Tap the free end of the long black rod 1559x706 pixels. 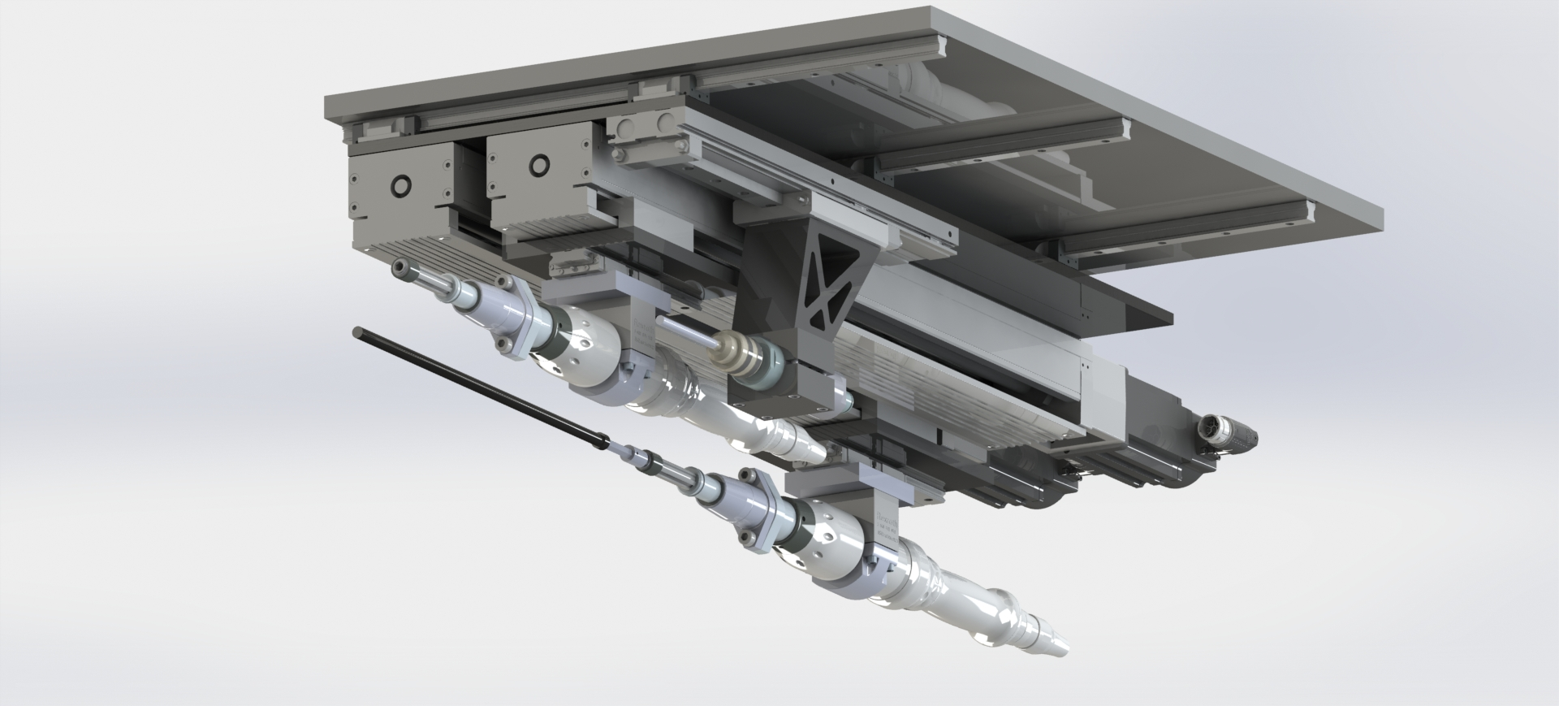tap(358, 331)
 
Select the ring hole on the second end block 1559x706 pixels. tap(538, 167)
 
